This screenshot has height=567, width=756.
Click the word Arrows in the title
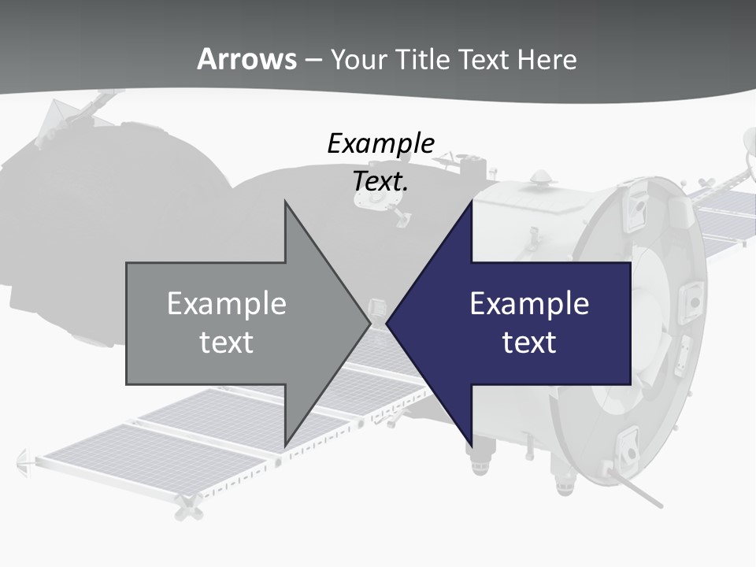coord(246,59)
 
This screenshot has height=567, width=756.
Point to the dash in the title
coord(313,60)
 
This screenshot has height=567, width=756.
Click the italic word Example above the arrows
coord(380,143)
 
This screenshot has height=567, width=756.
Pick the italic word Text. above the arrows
coord(380,181)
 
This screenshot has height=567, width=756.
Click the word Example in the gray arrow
coord(227,303)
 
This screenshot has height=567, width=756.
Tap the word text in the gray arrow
coord(227,343)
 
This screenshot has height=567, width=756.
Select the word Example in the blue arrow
coord(529,303)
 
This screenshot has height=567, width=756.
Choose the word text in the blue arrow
coord(529,343)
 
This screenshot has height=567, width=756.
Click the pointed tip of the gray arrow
coord(368,323)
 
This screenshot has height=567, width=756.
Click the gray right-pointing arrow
coord(236,323)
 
